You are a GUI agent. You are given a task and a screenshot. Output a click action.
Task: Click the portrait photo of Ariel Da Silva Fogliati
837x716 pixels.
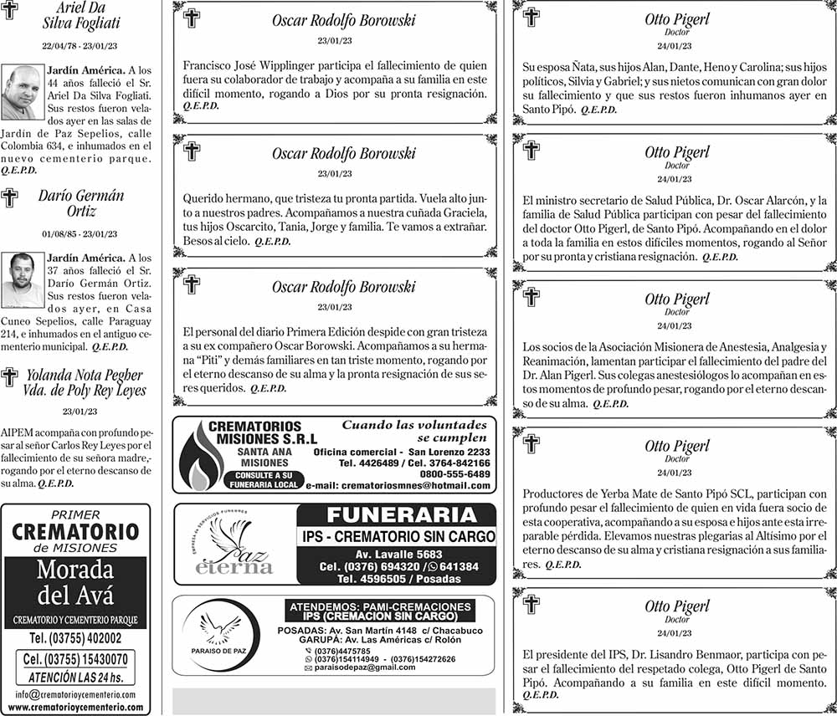point(22,92)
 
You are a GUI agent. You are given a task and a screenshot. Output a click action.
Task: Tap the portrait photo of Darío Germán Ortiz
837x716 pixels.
point(22,280)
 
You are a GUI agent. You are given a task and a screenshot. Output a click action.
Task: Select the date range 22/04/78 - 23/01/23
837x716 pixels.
point(80,45)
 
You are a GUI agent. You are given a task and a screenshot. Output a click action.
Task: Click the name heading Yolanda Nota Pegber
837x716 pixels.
point(84,375)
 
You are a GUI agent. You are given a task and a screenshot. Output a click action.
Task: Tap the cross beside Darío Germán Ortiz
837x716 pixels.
point(9,198)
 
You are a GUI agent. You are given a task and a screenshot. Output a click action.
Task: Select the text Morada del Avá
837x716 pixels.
point(75,583)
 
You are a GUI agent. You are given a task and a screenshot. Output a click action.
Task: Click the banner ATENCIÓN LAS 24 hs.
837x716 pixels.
point(76,678)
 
